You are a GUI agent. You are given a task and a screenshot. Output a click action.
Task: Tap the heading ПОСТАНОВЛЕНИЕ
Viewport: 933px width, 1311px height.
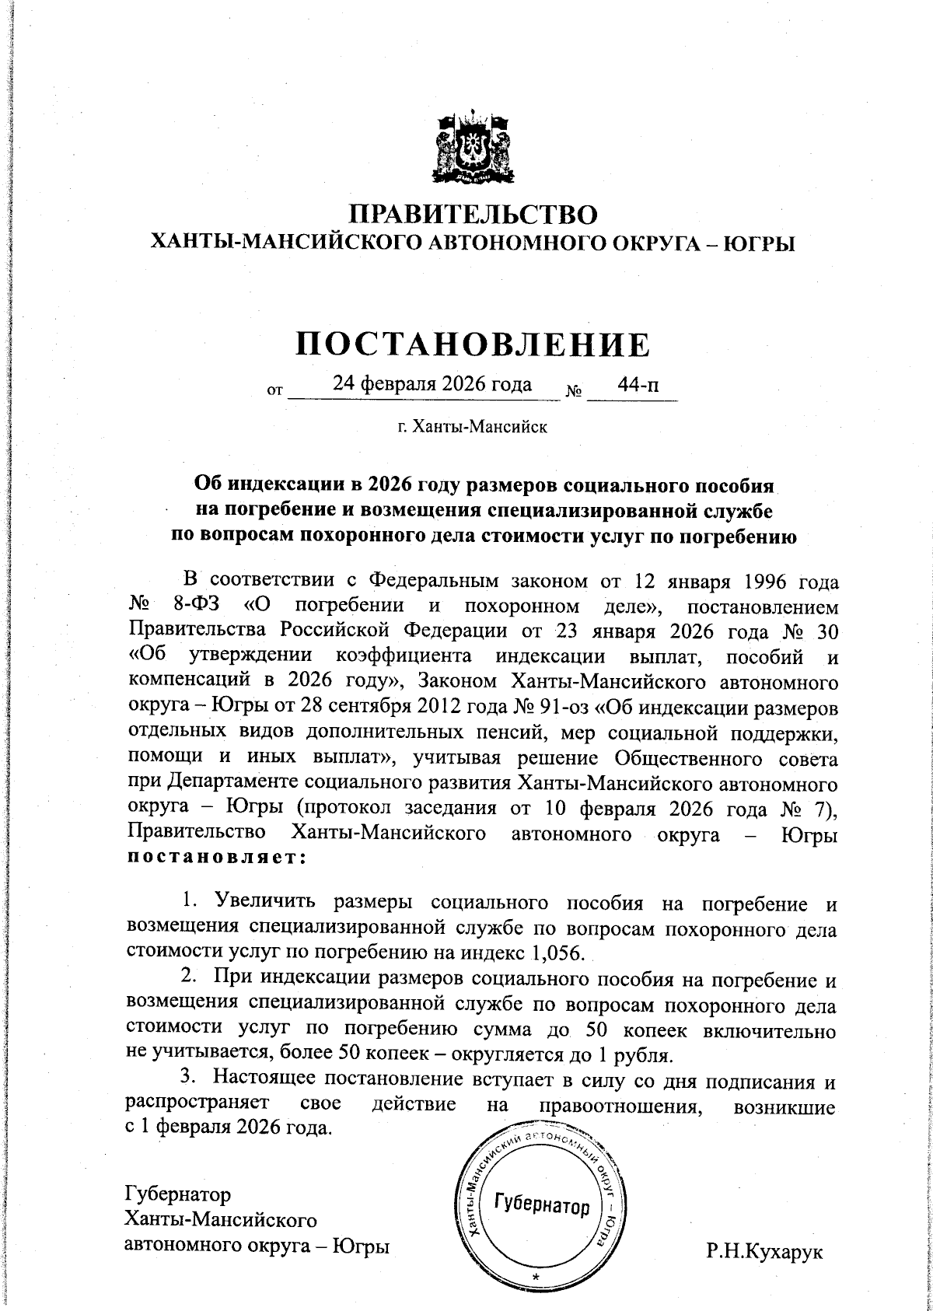point(472,343)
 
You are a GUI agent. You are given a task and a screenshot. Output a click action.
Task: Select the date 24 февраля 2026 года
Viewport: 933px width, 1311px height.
point(432,384)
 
